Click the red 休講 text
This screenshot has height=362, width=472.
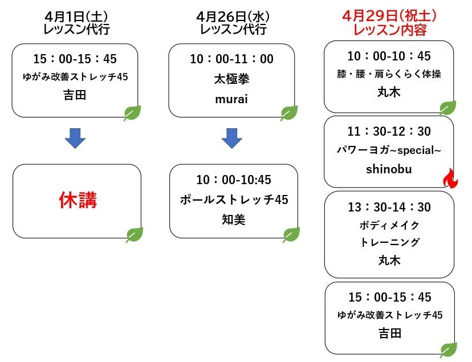coord(78,200)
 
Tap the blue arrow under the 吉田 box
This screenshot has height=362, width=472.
coord(75,138)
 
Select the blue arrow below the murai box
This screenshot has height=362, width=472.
coord(232,138)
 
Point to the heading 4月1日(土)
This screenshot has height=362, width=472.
coord(76,17)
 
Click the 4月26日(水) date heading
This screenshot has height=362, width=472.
coord(233,17)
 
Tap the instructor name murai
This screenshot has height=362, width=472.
coord(231,99)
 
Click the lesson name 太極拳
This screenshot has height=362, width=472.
coord(231,79)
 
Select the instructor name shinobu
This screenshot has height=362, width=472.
coord(389,169)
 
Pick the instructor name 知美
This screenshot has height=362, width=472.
coord(234,219)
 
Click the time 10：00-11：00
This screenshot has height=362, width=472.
coord(232,59)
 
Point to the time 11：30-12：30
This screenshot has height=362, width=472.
coord(389,132)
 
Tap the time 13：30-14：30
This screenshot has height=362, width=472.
coord(389,208)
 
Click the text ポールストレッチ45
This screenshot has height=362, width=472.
coord(234,200)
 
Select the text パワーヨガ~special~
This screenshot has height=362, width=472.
coord(389,150)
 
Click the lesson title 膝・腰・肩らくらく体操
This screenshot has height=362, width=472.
coord(389,74)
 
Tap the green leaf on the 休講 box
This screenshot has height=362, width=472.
coord(135,235)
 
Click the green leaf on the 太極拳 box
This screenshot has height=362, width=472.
coord(289,113)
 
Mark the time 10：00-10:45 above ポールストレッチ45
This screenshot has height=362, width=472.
coord(234,180)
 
